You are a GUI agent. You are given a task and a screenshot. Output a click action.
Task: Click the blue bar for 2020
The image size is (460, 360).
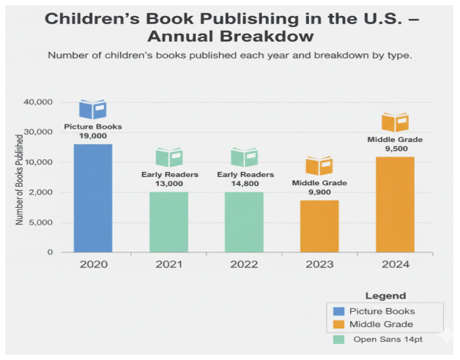pyautogui.click(x=93, y=198)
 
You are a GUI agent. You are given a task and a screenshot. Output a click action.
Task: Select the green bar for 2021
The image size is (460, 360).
pyautogui.click(x=168, y=222)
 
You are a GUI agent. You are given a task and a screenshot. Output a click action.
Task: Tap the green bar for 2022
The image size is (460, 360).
pyautogui.click(x=244, y=222)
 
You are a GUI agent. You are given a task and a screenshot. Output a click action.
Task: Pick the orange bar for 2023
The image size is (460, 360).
pyautogui.click(x=319, y=226)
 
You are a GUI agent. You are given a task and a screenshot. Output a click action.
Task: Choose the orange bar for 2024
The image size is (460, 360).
pyautogui.click(x=395, y=204)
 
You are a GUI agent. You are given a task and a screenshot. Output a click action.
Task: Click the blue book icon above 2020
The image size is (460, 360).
pyautogui.click(x=93, y=110)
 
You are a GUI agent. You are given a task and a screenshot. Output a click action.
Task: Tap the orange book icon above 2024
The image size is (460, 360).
pyautogui.click(x=395, y=122)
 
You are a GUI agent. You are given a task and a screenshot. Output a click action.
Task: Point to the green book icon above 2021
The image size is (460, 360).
pyautogui.click(x=168, y=157)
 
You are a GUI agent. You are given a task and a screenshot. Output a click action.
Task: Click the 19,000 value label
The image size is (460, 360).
pyautogui.click(x=93, y=135)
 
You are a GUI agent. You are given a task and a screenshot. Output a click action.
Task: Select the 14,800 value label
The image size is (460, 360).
pyautogui.click(x=245, y=184)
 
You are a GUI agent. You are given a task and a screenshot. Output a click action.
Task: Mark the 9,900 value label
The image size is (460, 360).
pyautogui.click(x=319, y=192)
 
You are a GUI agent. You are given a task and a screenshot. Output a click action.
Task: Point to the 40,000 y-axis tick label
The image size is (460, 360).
pyautogui.click(x=38, y=102)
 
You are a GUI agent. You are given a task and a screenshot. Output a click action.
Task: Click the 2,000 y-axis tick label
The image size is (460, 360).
pyautogui.click(x=41, y=192)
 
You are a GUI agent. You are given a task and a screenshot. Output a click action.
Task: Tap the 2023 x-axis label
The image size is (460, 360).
pyautogui.click(x=319, y=263)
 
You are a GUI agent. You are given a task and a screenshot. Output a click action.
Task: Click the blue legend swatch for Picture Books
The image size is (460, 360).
pyautogui.click(x=338, y=312)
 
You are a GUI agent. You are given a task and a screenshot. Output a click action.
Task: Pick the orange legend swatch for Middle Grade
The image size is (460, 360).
pyautogui.click(x=338, y=324)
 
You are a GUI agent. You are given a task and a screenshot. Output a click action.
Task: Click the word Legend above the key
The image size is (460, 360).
pyautogui.click(x=385, y=296)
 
